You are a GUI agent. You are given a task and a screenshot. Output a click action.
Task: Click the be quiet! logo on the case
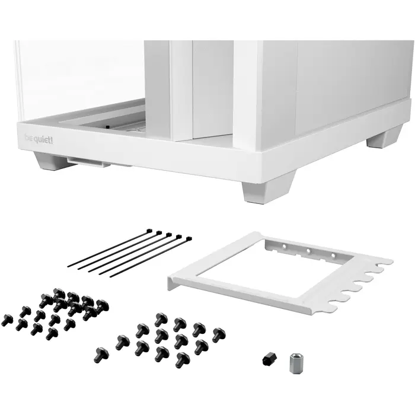[39, 139]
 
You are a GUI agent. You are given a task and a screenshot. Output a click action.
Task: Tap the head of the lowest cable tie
[188, 238]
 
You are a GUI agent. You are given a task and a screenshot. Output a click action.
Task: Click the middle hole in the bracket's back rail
[308, 251]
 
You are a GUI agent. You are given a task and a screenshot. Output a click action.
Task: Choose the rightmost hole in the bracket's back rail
[333, 256]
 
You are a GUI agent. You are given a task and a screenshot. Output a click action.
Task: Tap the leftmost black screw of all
[7, 320]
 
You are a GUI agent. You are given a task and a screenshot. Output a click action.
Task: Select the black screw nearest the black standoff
[218, 335]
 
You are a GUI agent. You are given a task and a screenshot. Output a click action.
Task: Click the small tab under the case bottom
[89, 162]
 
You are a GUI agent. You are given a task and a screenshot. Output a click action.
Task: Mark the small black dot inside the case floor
[107, 127]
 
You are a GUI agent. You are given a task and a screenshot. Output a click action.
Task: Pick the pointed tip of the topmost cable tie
[69, 266]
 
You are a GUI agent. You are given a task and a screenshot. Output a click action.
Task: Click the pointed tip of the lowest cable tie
[110, 276]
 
